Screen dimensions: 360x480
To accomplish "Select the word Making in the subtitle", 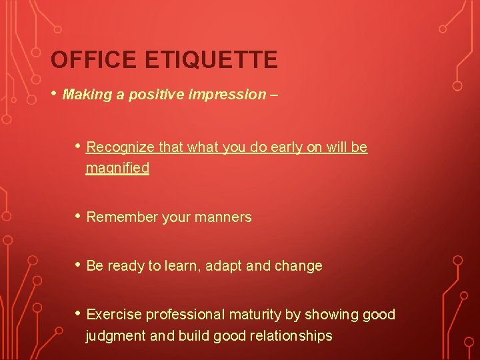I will tap(85, 95).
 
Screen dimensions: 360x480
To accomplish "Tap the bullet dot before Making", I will tap(54, 93).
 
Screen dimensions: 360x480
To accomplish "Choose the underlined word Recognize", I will tap(119, 147).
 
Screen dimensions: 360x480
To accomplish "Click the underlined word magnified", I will tap(117, 168).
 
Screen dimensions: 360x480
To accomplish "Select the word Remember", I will tap(118, 217).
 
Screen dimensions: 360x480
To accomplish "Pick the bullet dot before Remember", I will tap(78, 216).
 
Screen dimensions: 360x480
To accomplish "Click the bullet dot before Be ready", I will tap(78, 265).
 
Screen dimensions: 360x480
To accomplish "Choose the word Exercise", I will tap(114, 315).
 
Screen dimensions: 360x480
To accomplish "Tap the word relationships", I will tap(290, 336).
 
